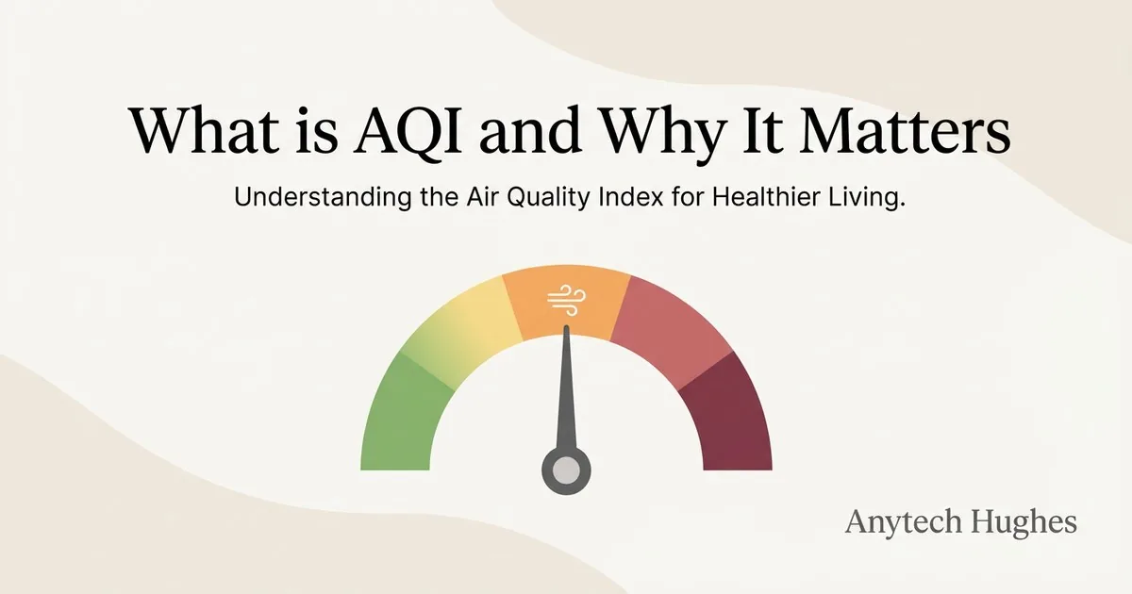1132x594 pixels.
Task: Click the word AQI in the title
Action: [x=408, y=131]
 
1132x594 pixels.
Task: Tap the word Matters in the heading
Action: [x=905, y=129]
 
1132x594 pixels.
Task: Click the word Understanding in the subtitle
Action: [x=323, y=197]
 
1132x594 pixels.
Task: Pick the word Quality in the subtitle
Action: [x=548, y=197]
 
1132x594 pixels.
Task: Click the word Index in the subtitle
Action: [x=631, y=196]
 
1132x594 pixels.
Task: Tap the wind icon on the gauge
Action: [x=567, y=301]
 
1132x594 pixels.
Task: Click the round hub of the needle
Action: [x=566, y=470]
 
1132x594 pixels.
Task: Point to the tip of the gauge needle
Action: [x=567, y=326]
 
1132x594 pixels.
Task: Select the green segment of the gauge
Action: [x=405, y=414]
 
